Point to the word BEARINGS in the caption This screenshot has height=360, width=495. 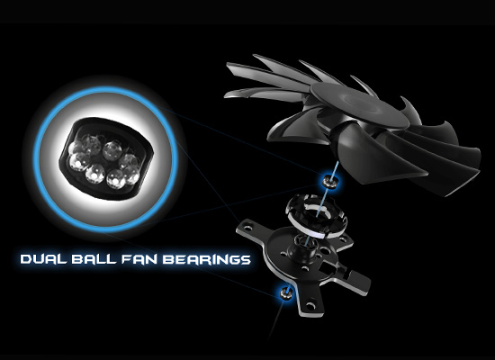coord(207,259)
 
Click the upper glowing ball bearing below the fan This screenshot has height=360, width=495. coord(330,181)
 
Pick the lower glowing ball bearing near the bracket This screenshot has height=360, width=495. coord(286,292)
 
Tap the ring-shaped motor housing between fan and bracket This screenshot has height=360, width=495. coord(316,215)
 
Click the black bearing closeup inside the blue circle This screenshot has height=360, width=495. coord(106,158)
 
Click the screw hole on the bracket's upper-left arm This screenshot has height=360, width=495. coord(247,226)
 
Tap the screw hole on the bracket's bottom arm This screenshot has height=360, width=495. coord(310,306)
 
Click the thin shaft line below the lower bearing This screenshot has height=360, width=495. coord(275,319)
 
